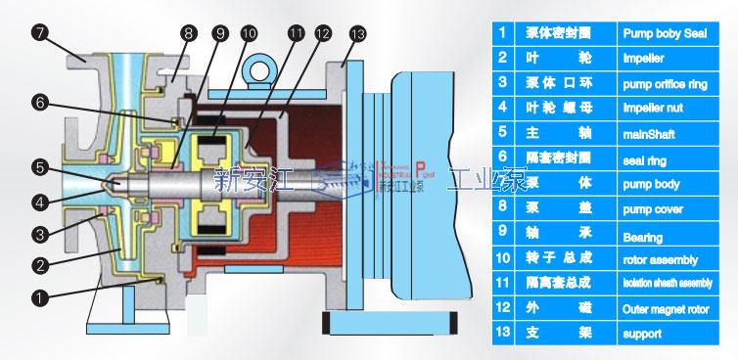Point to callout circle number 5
click(39, 167)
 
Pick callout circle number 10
click(249, 32)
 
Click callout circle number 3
click(40, 233)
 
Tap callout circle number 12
click(322, 32)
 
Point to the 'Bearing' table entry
click(642, 236)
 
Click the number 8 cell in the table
click(502, 208)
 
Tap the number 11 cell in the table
click(502, 285)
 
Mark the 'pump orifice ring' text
click(661, 82)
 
